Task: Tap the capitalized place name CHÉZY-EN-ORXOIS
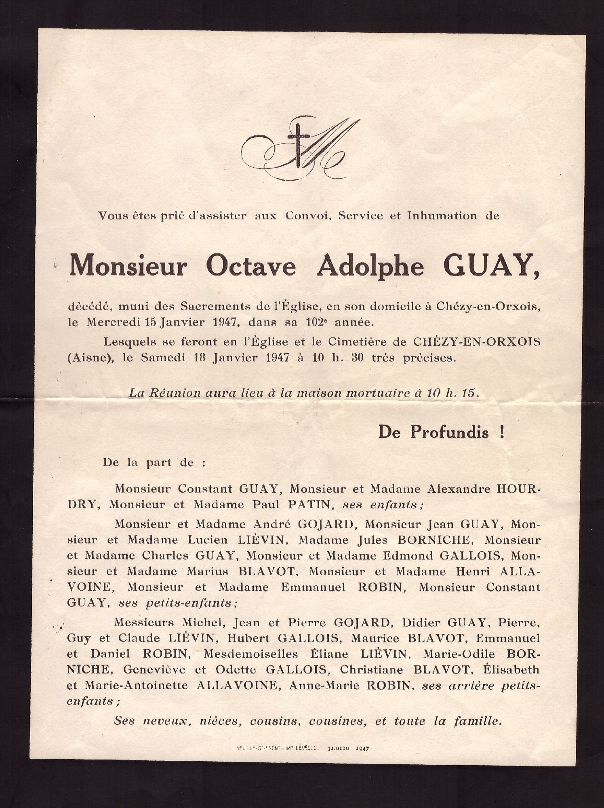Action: click(476, 342)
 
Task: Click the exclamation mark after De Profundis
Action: click(501, 432)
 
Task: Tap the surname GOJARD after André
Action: click(326, 524)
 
